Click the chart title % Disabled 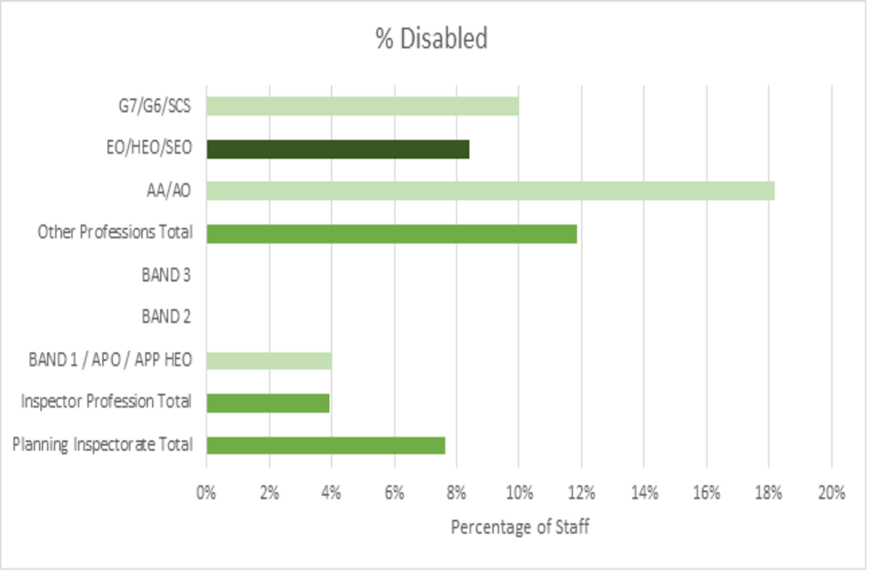click(x=432, y=39)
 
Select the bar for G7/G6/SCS click(x=362, y=105)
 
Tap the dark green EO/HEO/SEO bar click(x=337, y=148)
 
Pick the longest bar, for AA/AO click(x=490, y=190)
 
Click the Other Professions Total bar click(x=391, y=233)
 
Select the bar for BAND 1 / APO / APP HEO click(x=268, y=360)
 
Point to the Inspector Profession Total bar click(x=267, y=402)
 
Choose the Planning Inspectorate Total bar click(x=326, y=445)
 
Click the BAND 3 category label click(x=166, y=275)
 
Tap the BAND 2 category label click(x=166, y=317)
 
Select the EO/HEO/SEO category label click(x=149, y=148)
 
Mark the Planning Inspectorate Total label click(x=103, y=445)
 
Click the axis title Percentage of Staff click(x=520, y=527)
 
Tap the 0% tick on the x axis click(x=206, y=493)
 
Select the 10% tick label click(x=518, y=493)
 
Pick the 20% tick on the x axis click(x=831, y=493)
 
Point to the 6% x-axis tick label click(x=394, y=493)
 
